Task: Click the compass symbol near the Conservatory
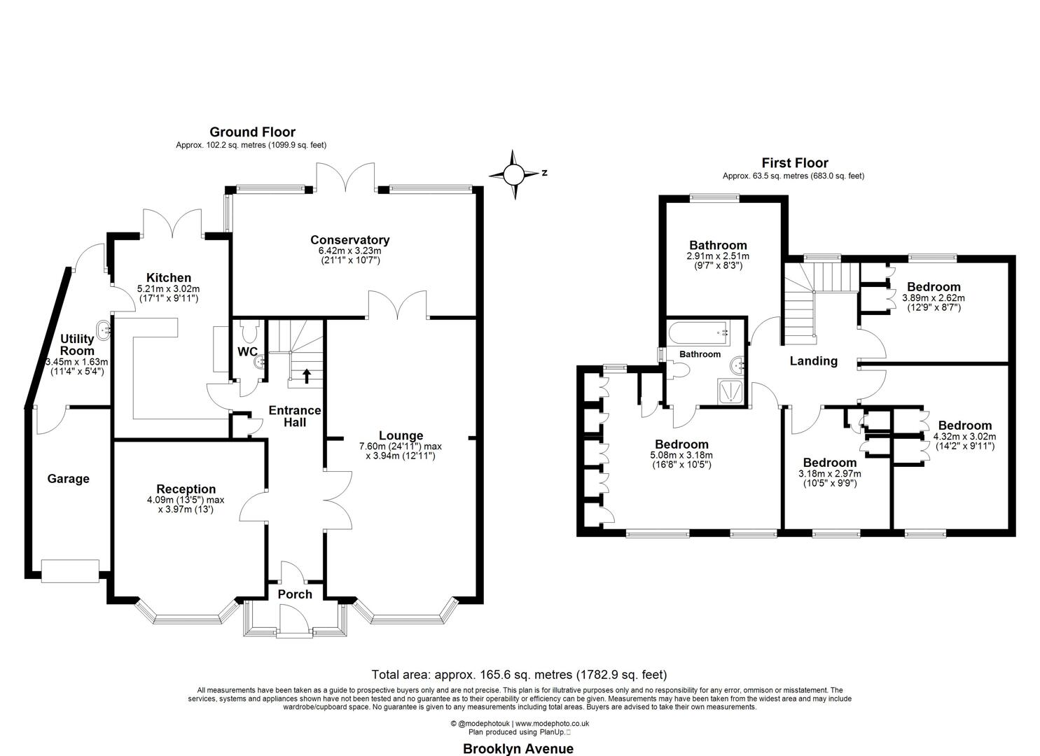click(x=515, y=174)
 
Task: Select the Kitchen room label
click(x=168, y=278)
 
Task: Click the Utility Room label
click(x=77, y=344)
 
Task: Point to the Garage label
click(x=68, y=479)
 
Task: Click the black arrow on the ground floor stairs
click(x=306, y=377)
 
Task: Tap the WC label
click(x=247, y=351)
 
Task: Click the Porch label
click(x=295, y=594)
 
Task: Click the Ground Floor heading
click(x=252, y=132)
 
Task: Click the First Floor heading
click(x=794, y=163)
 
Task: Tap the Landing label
click(x=813, y=361)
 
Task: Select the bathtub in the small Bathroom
click(x=698, y=331)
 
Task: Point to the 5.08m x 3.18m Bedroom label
click(x=681, y=444)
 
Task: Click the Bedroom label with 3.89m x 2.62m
click(x=933, y=287)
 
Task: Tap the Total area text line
click(x=519, y=675)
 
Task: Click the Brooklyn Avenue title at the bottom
click(x=518, y=748)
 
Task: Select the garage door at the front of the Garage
click(x=70, y=571)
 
